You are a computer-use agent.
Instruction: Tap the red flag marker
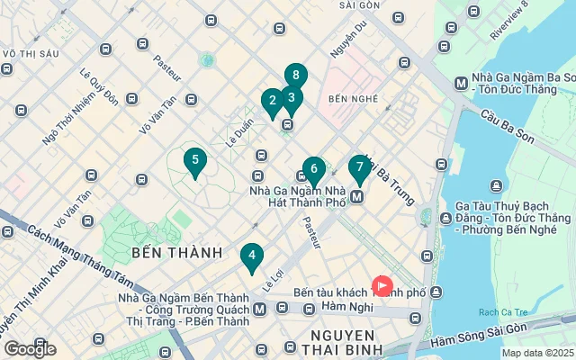(x=382, y=286)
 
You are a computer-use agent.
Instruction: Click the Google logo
(x=31, y=348)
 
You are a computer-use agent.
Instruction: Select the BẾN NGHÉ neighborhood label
(x=351, y=97)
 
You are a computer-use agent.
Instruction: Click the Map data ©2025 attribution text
(x=537, y=354)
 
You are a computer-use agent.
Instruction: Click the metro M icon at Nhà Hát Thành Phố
(x=357, y=196)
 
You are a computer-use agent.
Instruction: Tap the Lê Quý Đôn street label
(x=99, y=87)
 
